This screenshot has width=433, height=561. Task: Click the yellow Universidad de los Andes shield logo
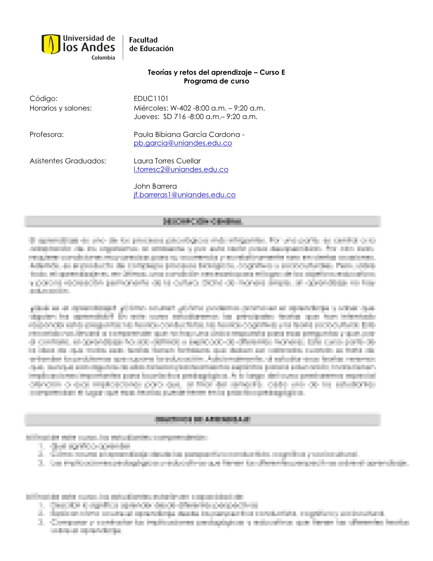click(51, 44)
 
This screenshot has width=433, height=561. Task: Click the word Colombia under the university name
click(103, 58)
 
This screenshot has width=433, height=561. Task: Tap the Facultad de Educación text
click(151, 44)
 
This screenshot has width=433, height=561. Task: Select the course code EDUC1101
click(151, 98)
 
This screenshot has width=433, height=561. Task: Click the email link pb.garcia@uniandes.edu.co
click(183, 143)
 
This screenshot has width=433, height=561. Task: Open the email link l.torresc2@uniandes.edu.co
click(181, 169)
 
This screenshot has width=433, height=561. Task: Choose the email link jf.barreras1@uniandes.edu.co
click(184, 195)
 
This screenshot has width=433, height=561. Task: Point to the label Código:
click(44, 98)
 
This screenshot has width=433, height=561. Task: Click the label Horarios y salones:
click(60, 108)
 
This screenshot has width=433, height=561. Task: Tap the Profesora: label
click(46, 135)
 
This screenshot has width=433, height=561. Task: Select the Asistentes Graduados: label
click(68, 161)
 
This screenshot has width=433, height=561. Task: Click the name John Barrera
click(155, 186)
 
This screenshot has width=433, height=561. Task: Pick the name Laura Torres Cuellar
click(167, 161)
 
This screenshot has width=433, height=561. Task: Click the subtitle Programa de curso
click(216, 81)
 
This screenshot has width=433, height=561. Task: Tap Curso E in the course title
click(272, 72)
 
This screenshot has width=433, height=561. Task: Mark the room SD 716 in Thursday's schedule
click(174, 117)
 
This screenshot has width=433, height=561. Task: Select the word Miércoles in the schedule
click(151, 108)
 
